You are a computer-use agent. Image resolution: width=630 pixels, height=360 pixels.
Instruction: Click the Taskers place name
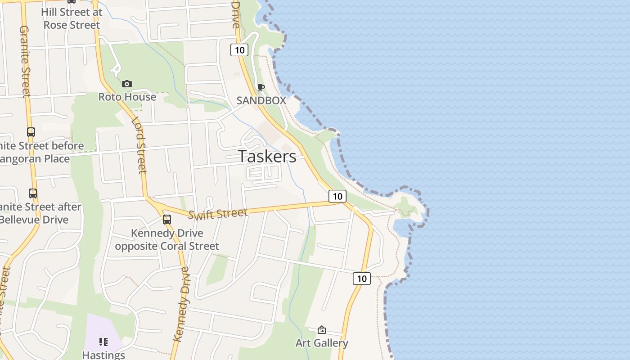pyautogui.click(x=267, y=156)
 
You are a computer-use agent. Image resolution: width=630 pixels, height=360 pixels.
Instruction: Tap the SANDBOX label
pyautogui.click(x=261, y=100)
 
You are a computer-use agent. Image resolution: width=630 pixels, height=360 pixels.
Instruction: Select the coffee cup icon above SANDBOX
pyautogui.click(x=261, y=87)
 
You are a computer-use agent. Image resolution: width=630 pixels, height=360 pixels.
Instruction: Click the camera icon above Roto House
pyautogui.click(x=127, y=84)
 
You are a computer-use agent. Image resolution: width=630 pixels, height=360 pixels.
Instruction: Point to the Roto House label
pyautogui.click(x=127, y=97)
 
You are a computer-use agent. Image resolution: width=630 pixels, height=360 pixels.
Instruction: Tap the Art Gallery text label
pyautogui.click(x=321, y=343)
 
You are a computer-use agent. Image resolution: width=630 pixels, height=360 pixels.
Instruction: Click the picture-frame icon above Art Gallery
pyautogui.click(x=321, y=330)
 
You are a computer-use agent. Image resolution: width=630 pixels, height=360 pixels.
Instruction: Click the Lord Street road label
pyautogui.click(x=139, y=145)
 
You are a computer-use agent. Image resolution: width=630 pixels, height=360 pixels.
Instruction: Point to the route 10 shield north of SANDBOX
pyautogui.click(x=239, y=50)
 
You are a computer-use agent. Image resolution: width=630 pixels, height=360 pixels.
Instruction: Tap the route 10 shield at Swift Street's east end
pyautogui.click(x=337, y=196)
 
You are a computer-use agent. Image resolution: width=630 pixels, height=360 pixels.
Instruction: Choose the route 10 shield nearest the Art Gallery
pyautogui.click(x=361, y=279)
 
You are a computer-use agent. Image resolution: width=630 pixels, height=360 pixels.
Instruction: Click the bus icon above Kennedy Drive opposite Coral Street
pyautogui.click(x=167, y=220)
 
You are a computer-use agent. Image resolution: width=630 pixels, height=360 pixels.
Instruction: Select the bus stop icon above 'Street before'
pyautogui.click(x=31, y=132)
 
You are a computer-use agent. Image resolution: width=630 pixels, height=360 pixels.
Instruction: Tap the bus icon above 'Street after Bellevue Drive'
pyautogui.click(x=33, y=193)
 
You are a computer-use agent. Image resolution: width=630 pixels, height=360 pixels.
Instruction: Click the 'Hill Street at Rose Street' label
pyautogui.click(x=72, y=18)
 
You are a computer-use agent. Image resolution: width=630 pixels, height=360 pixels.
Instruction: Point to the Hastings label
pyautogui.click(x=103, y=355)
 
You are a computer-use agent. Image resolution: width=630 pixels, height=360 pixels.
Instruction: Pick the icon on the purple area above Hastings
pyautogui.click(x=103, y=342)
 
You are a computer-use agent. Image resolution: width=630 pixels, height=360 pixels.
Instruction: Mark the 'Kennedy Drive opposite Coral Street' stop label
pyautogui.click(x=167, y=240)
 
